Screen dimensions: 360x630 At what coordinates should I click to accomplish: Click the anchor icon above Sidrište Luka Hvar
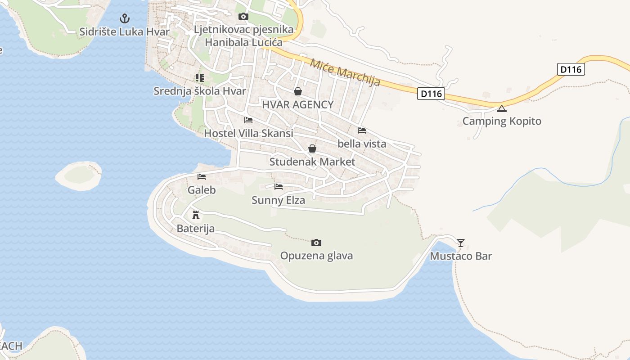pyautogui.click(x=124, y=18)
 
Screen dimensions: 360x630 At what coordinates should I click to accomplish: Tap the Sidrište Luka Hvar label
pyautogui.click(x=124, y=32)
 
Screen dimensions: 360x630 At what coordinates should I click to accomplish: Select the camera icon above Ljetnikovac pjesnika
pyautogui.click(x=243, y=17)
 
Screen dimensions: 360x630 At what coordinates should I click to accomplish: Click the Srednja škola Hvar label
pyautogui.click(x=200, y=91)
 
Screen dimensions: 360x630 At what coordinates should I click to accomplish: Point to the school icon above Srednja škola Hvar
pyautogui.click(x=200, y=78)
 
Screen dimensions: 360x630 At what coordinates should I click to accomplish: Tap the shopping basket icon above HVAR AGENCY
pyautogui.click(x=297, y=92)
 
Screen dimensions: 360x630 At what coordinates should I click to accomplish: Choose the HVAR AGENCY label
pyautogui.click(x=298, y=105)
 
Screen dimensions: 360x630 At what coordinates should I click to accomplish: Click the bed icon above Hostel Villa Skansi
pyautogui.click(x=248, y=120)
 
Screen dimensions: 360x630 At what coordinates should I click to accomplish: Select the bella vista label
pyautogui.click(x=362, y=144)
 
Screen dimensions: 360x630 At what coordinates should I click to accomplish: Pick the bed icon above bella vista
pyautogui.click(x=361, y=130)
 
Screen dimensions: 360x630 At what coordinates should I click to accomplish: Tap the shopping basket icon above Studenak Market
pyautogui.click(x=312, y=148)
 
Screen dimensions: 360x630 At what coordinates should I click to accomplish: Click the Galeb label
pyautogui.click(x=202, y=190)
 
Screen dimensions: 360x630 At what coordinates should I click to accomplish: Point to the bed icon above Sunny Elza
pyautogui.click(x=279, y=187)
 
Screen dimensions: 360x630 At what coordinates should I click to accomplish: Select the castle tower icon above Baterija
pyautogui.click(x=195, y=215)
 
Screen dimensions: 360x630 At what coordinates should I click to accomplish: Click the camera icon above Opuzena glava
pyautogui.click(x=316, y=243)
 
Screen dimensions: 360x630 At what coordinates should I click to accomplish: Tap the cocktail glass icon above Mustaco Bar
pyautogui.click(x=461, y=243)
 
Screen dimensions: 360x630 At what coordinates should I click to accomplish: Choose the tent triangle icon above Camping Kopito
pyautogui.click(x=502, y=108)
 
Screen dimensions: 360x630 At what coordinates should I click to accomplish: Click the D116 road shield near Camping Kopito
pyautogui.click(x=431, y=94)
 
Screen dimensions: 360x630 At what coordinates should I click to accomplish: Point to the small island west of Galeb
pyautogui.click(x=79, y=175)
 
